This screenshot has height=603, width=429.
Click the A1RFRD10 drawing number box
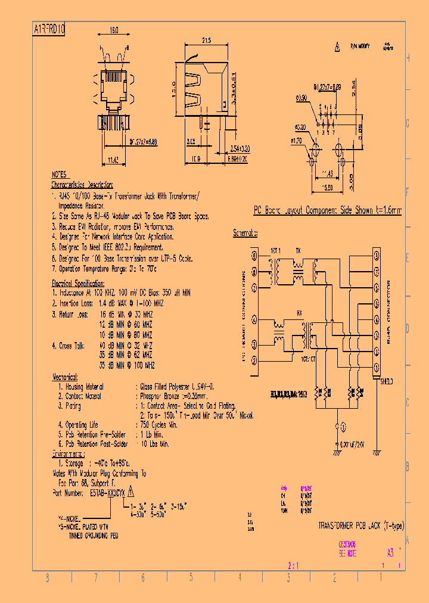(49, 29)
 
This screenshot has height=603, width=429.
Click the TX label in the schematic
(299, 250)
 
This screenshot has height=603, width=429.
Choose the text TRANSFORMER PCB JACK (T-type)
(361, 526)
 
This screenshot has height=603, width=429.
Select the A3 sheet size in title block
(390, 552)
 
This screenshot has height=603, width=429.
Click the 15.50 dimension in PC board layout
(327, 187)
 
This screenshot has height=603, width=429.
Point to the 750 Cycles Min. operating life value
(158, 425)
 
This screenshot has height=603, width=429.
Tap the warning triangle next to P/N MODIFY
(337, 45)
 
